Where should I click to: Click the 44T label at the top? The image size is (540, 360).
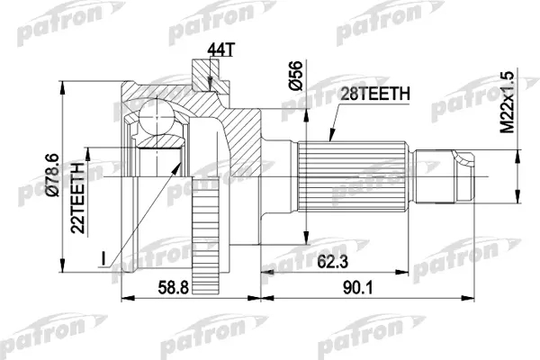220,50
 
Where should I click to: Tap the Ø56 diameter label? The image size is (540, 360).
295,76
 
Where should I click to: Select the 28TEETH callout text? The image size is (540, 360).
375,94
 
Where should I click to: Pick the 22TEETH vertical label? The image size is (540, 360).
77,197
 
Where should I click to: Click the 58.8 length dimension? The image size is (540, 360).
173,288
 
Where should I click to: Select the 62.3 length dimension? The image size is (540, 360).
333,262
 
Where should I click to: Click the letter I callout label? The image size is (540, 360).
103,258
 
